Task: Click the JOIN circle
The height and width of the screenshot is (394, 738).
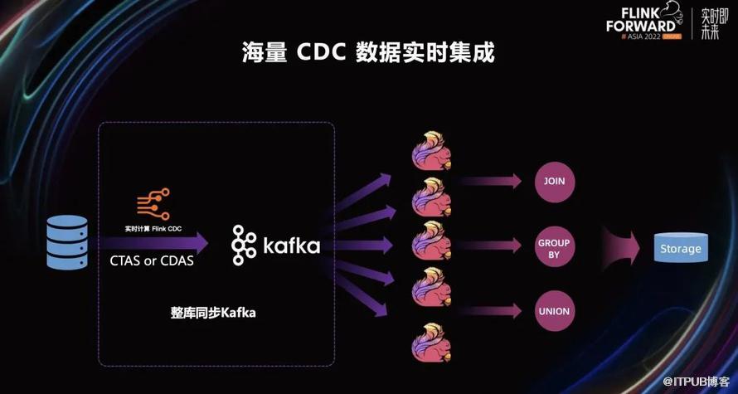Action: pos(554,181)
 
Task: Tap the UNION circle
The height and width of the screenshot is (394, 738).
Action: pos(554,312)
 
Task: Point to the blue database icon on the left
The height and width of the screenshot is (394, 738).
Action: pos(67,242)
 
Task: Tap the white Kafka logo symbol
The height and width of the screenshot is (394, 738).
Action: pos(244,246)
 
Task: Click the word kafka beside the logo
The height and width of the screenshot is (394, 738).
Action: pos(291,246)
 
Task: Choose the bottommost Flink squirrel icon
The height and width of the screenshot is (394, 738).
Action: pos(432,340)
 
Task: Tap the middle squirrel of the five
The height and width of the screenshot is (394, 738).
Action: pos(432,244)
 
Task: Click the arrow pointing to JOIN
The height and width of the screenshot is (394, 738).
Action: pos(489,181)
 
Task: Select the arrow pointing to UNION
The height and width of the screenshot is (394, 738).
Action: pos(489,312)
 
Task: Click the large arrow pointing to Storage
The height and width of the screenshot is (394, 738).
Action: pos(622,247)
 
